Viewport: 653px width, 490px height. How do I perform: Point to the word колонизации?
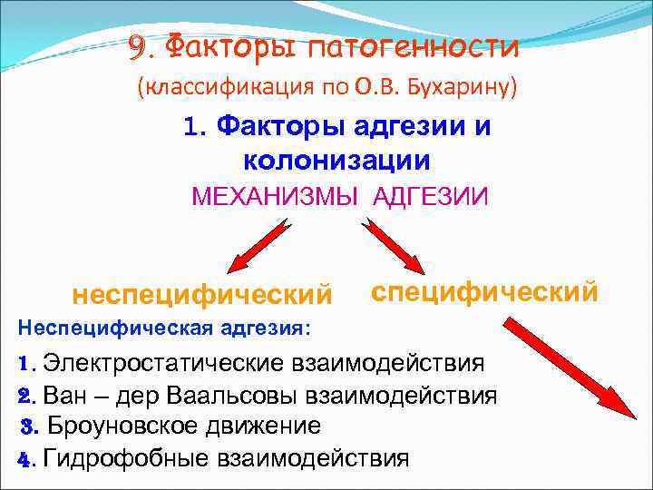[x=336, y=160]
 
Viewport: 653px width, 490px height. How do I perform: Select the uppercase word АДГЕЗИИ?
[x=430, y=196]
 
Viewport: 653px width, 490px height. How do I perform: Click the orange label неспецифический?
[x=202, y=295]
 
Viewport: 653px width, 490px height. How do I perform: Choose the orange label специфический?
[x=485, y=292]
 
